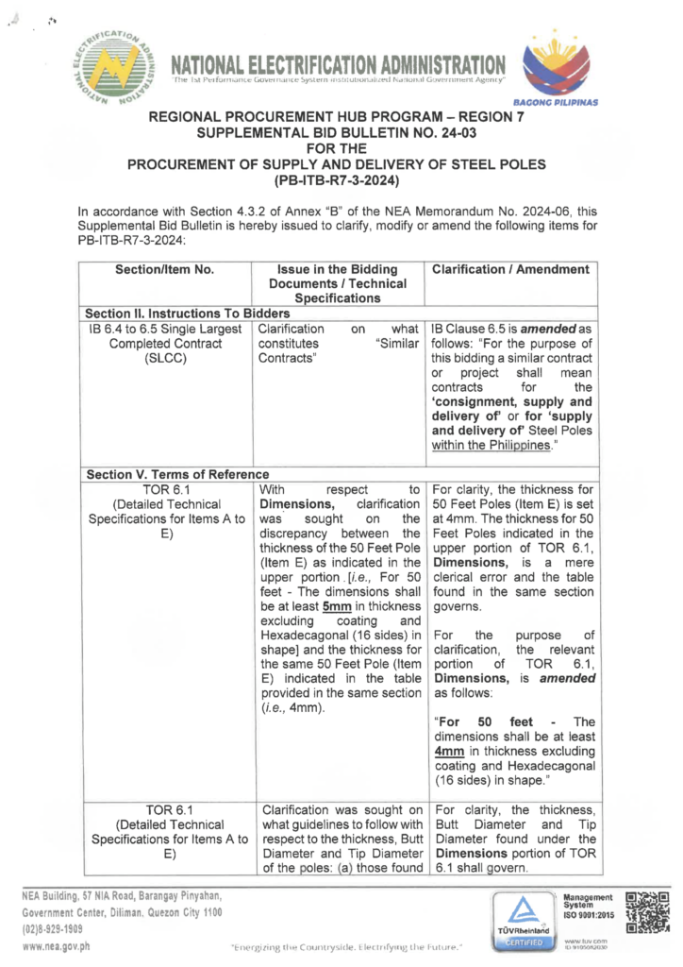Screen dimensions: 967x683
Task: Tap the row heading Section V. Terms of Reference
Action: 176,474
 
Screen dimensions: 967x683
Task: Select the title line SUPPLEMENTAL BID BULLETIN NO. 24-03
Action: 341,132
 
